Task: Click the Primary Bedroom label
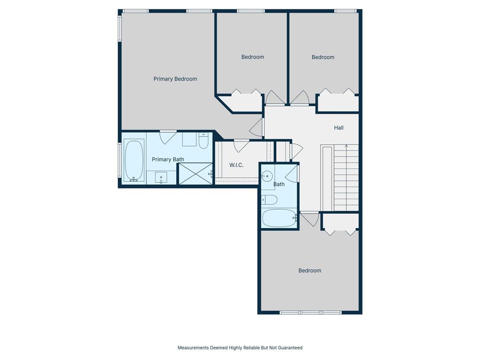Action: (x=175, y=79)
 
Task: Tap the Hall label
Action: (x=338, y=127)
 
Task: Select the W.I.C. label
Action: (x=236, y=165)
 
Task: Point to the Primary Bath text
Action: (x=168, y=159)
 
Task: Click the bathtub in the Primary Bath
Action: (x=134, y=160)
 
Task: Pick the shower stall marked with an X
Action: (x=195, y=173)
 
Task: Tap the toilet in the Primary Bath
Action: (x=203, y=141)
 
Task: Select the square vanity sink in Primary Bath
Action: (x=161, y=178)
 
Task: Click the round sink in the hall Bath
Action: (x=267, y=176)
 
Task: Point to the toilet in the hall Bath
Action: (x=270, y=200)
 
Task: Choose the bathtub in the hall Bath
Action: (x=279, y=218)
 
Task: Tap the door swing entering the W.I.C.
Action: (x=241, y=146)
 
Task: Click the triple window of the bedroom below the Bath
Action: (x=310, y=313)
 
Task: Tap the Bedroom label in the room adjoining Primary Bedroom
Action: (x=253, y=57)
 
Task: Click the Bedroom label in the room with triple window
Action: (x=310, y=270)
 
